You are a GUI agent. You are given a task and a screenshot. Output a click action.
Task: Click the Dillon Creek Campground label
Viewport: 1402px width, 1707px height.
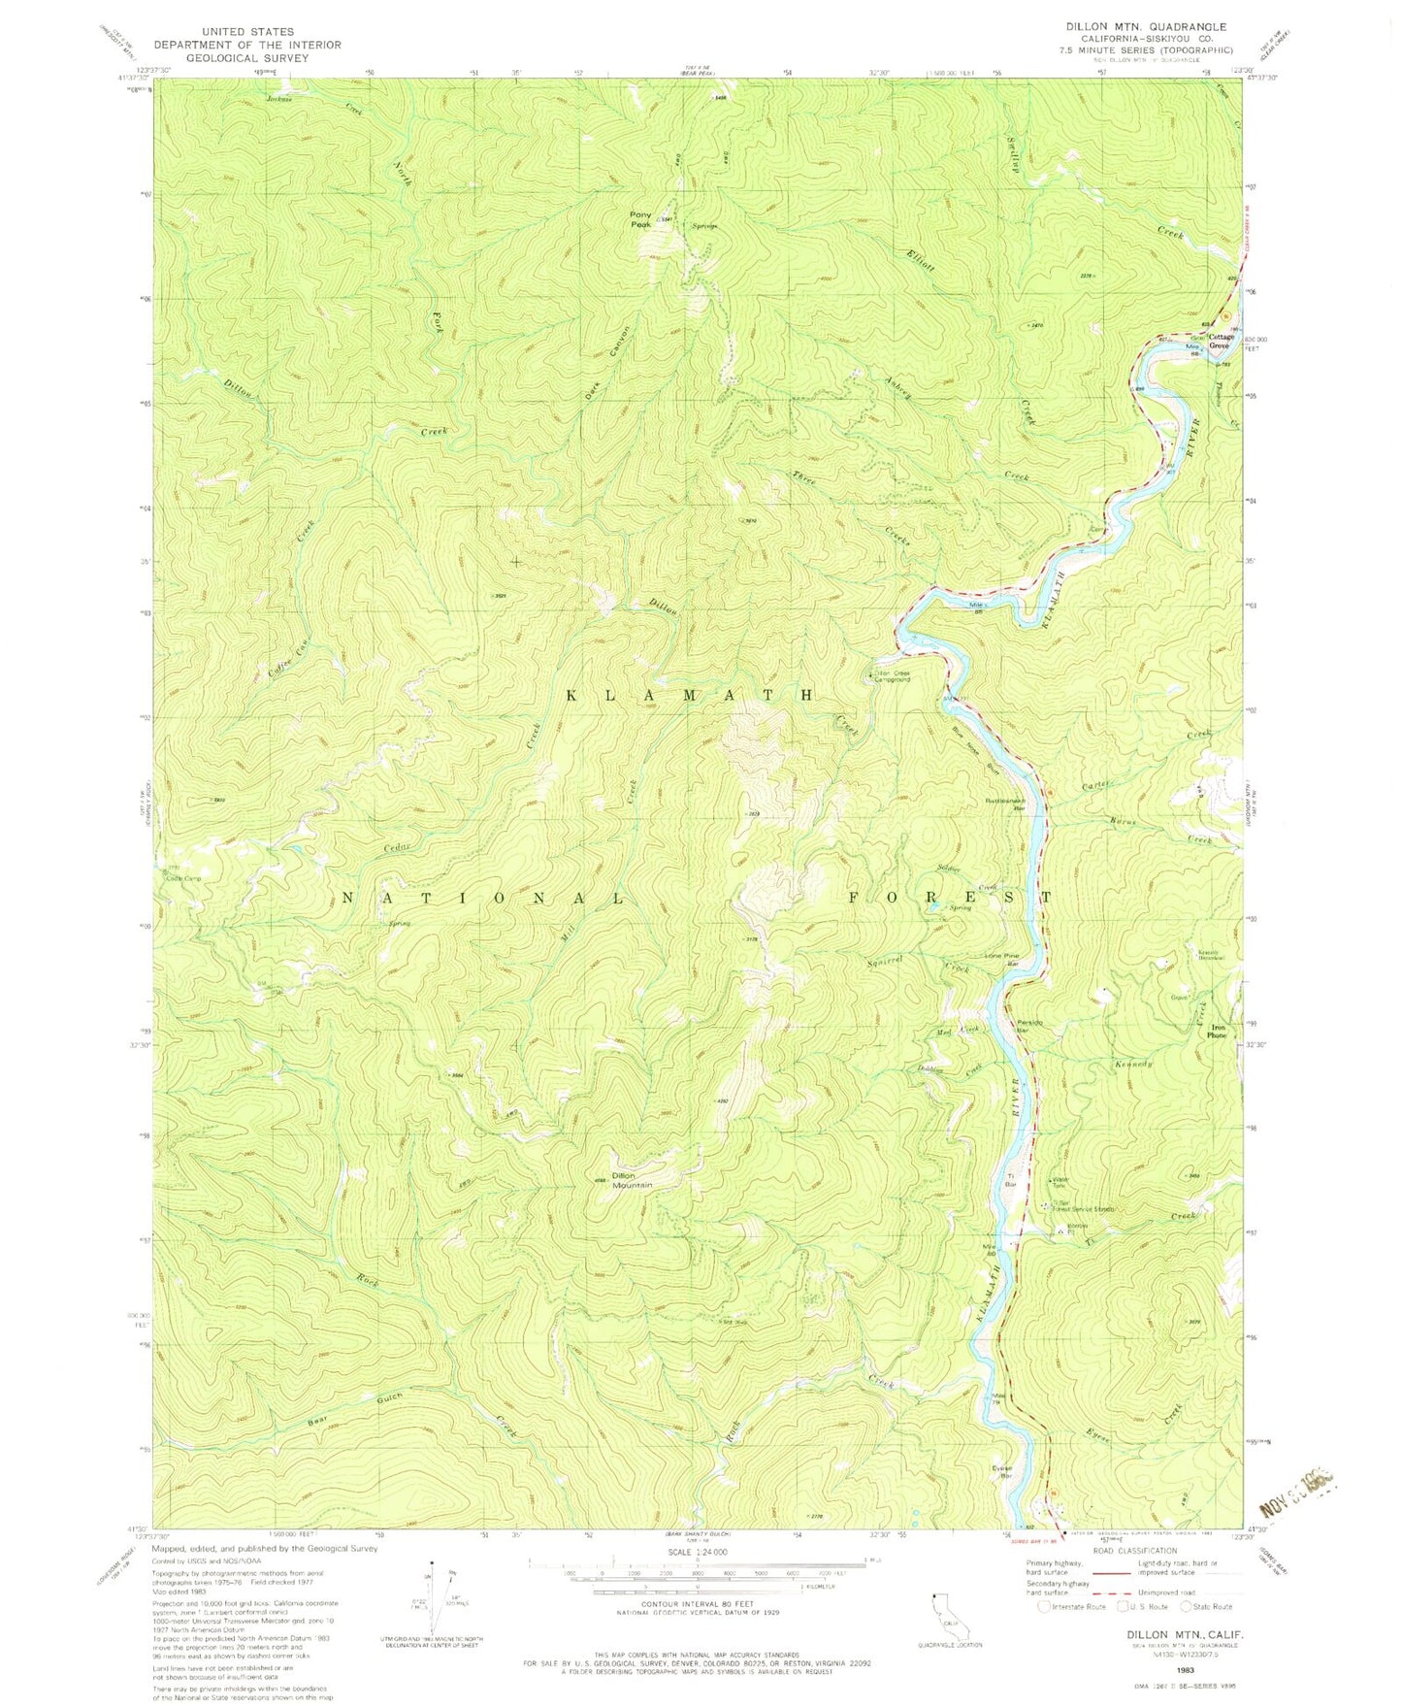pyautogui.click(x=892, y=676)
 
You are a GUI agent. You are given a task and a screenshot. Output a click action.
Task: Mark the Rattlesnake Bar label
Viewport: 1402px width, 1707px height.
pyautogui.click(x=1004, y=804)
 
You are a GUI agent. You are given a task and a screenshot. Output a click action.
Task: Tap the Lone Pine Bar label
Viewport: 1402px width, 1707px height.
pyautogui.click(x=1001, y=959)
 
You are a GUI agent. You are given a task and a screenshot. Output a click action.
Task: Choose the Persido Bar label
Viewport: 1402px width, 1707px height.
pyautogui.click(x=1002, y=1027)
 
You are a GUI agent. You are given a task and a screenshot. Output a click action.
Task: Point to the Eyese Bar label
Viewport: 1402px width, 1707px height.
pyautogui.click(x=1001, y=1472)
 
